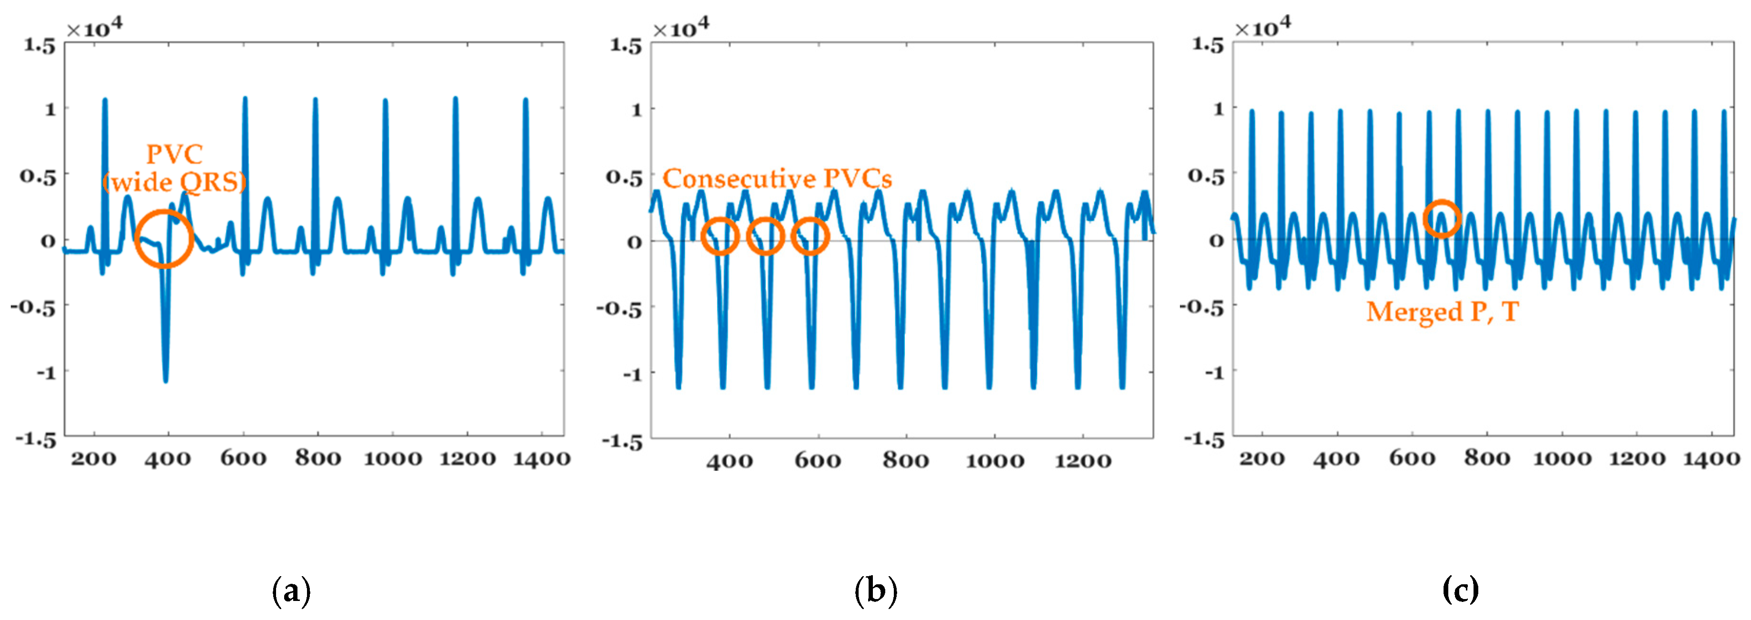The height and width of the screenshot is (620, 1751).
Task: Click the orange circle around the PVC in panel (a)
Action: (x=164, y=238)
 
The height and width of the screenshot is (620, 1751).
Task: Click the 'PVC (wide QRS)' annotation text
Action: (x=175, y=168)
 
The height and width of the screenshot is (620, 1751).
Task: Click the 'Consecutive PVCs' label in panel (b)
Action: (x=776, y=178)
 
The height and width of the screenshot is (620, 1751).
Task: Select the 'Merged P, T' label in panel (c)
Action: (x=1442, y=311)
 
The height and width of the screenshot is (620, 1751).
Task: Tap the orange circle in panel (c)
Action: (x=1442, y=218)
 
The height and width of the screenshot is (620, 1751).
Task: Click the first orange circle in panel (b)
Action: (x=720, y=236)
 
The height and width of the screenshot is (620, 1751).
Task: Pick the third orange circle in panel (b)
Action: (x=810, y=236)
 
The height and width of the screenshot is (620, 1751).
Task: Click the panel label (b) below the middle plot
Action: (x=876, y=590)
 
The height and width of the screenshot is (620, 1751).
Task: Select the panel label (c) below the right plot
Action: (x=1460, y=590)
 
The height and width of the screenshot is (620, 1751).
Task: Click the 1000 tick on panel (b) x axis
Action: (x=994, y=461)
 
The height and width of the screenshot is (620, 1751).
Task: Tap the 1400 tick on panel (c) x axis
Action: (x=1711, y=459)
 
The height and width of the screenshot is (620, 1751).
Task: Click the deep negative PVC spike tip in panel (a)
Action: (x=165, y=380)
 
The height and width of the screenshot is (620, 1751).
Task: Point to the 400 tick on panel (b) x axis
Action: (x=729, y=461)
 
